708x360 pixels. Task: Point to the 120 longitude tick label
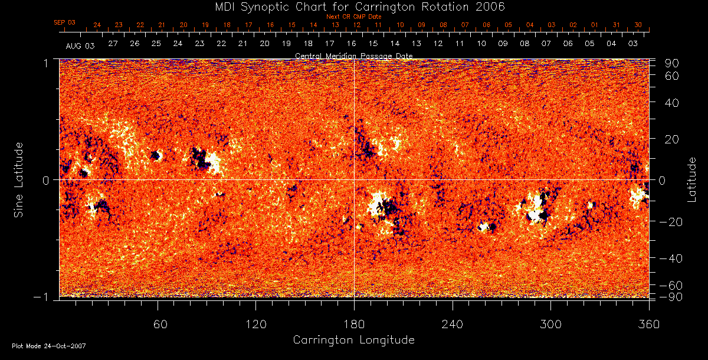pos(255,324)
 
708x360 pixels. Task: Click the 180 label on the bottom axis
pos(354,324)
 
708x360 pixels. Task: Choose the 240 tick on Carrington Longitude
pos(453,324)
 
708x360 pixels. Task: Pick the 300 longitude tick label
pos(550,324)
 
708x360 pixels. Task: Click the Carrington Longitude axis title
pos(353,340)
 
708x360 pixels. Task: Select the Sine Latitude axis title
pos(19,179)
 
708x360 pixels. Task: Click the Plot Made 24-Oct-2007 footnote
pos(49,346)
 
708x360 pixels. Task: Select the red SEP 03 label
pos(64,22)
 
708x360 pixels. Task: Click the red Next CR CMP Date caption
pos(353,17)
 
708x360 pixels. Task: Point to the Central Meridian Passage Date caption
pos(353,55)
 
